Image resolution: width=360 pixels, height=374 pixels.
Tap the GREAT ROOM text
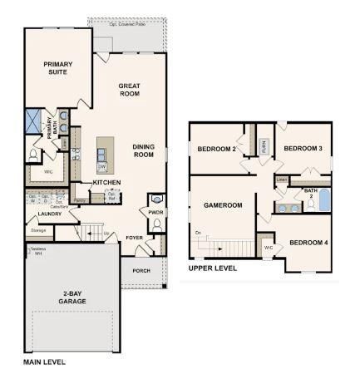(129, 90)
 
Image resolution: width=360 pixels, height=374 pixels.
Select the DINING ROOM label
(144, 150)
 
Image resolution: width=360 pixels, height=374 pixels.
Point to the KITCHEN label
(106, 182)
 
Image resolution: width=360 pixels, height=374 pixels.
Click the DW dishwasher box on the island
(101, 166)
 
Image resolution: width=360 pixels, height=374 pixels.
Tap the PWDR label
(155, 212)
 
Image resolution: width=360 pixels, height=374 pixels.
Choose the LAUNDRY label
(50, 214)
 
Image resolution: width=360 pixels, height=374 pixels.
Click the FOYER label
(136, 238)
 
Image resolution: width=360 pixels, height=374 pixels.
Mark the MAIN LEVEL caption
(43, 362)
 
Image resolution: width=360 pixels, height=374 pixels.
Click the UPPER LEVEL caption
(213, 268)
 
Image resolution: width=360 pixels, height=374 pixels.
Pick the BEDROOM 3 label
(303, 148)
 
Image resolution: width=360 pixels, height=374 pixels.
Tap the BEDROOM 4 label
(308, 243)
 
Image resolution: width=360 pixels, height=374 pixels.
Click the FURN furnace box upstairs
(264, 146)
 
